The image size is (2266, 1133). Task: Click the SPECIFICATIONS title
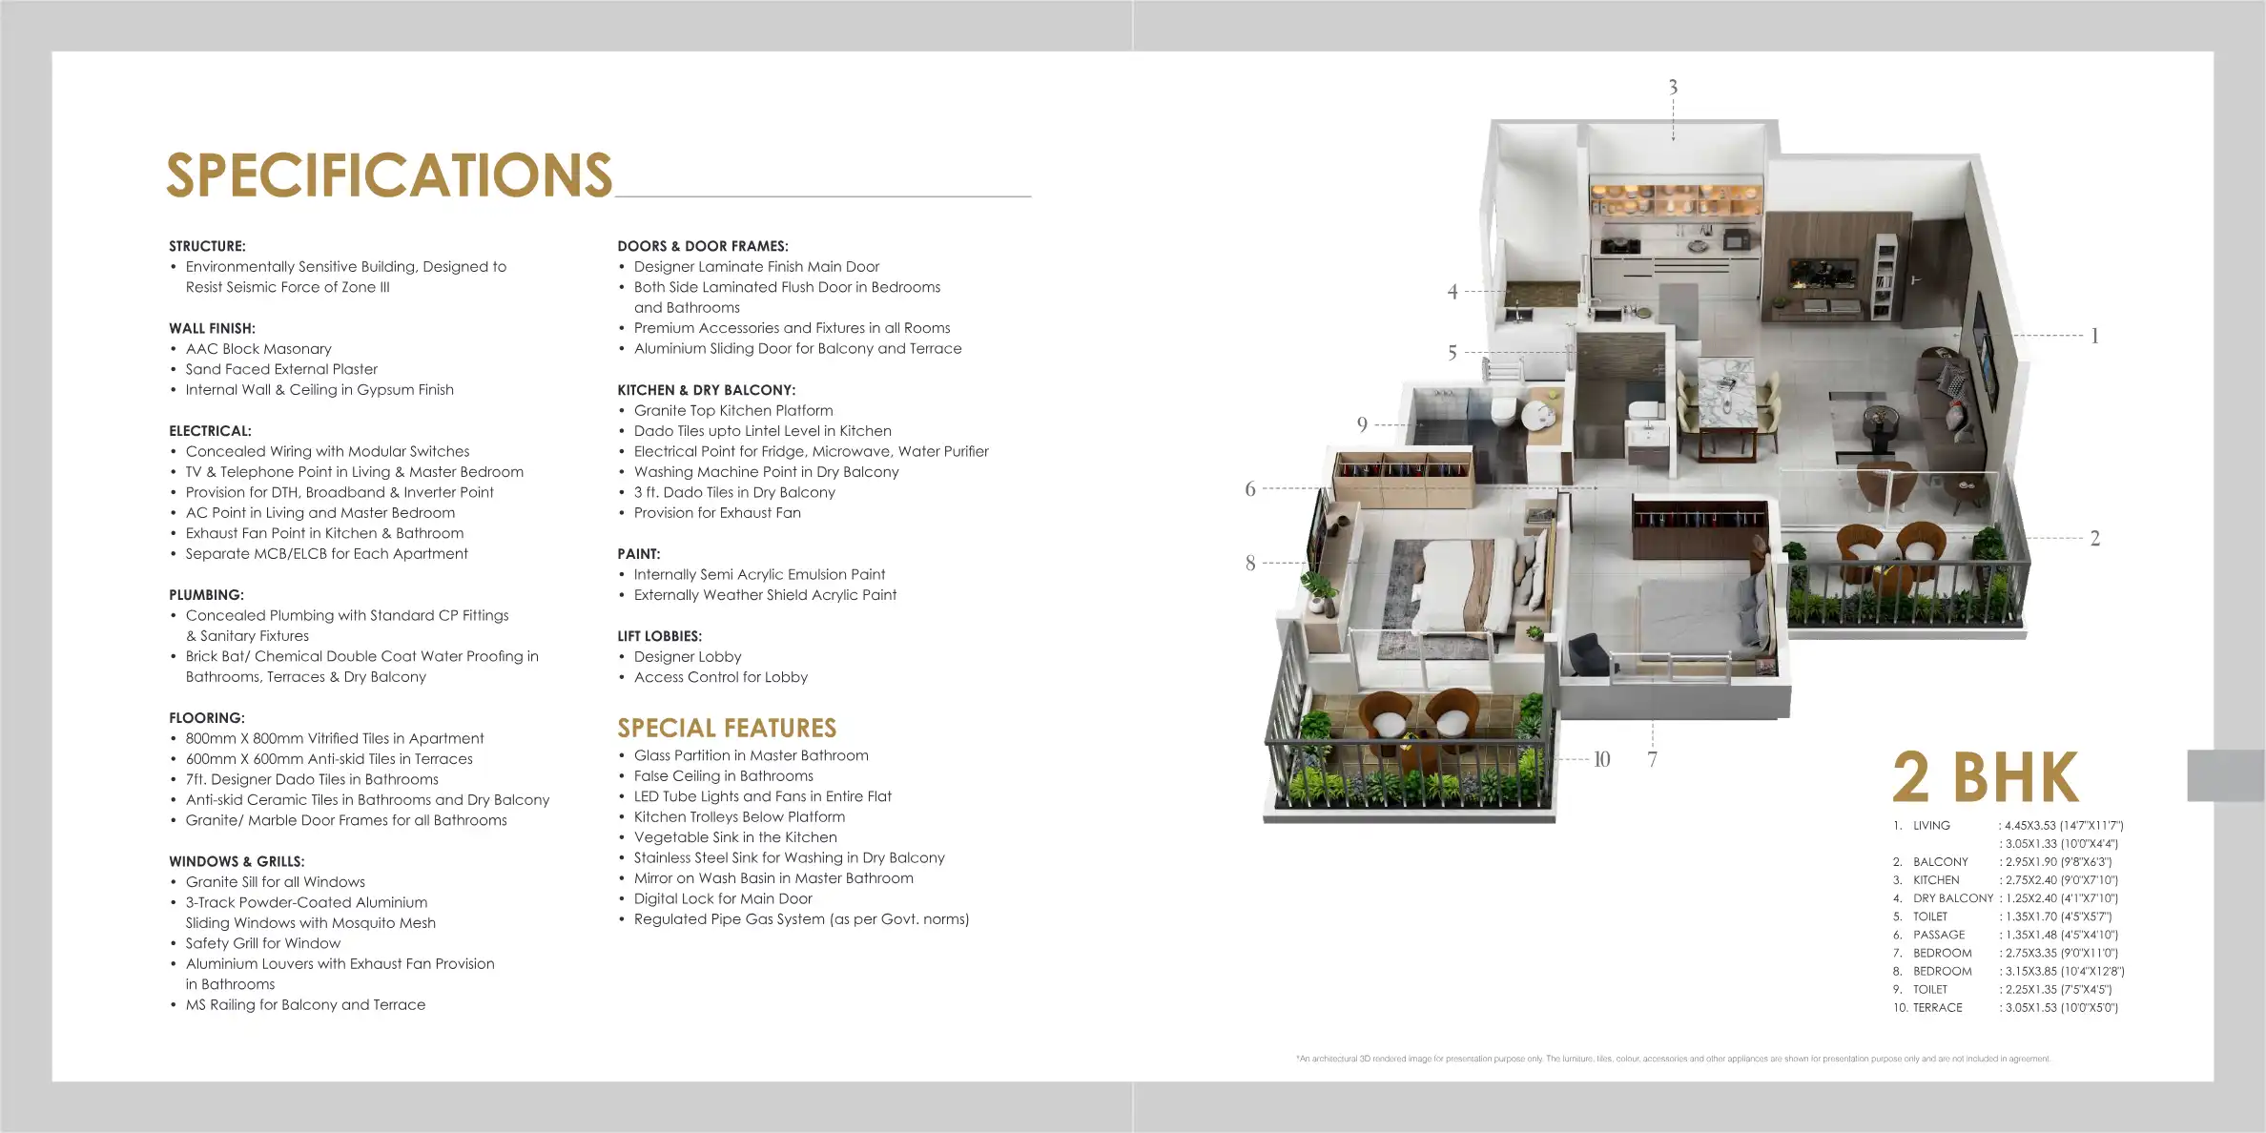coord(389,175)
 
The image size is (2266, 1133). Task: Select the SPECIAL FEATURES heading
coord(727,729)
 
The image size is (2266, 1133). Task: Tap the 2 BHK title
coord(1986,778)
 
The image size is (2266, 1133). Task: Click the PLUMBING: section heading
coord(207,595)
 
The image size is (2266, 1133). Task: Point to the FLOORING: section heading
coord(207,718)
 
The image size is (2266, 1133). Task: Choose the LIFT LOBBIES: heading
coord(659,636)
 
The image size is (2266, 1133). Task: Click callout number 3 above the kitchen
coord(1673,88)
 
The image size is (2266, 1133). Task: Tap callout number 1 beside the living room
coord(2094,336)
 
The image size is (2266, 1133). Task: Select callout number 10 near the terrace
coord(1602,759)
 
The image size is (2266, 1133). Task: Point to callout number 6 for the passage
coord(1250,489)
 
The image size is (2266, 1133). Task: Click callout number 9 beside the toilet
coord(1362,424)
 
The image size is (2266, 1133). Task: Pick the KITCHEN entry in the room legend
coord(1936,880)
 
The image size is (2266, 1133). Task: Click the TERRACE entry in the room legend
coord(1938,1007)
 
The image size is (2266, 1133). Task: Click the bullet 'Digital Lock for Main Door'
coord(723,898)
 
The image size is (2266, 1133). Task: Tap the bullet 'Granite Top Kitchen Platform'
coord(733,411)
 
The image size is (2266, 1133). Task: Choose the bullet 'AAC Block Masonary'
coord(258,349)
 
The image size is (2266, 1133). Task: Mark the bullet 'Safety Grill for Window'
coord(262,943)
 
